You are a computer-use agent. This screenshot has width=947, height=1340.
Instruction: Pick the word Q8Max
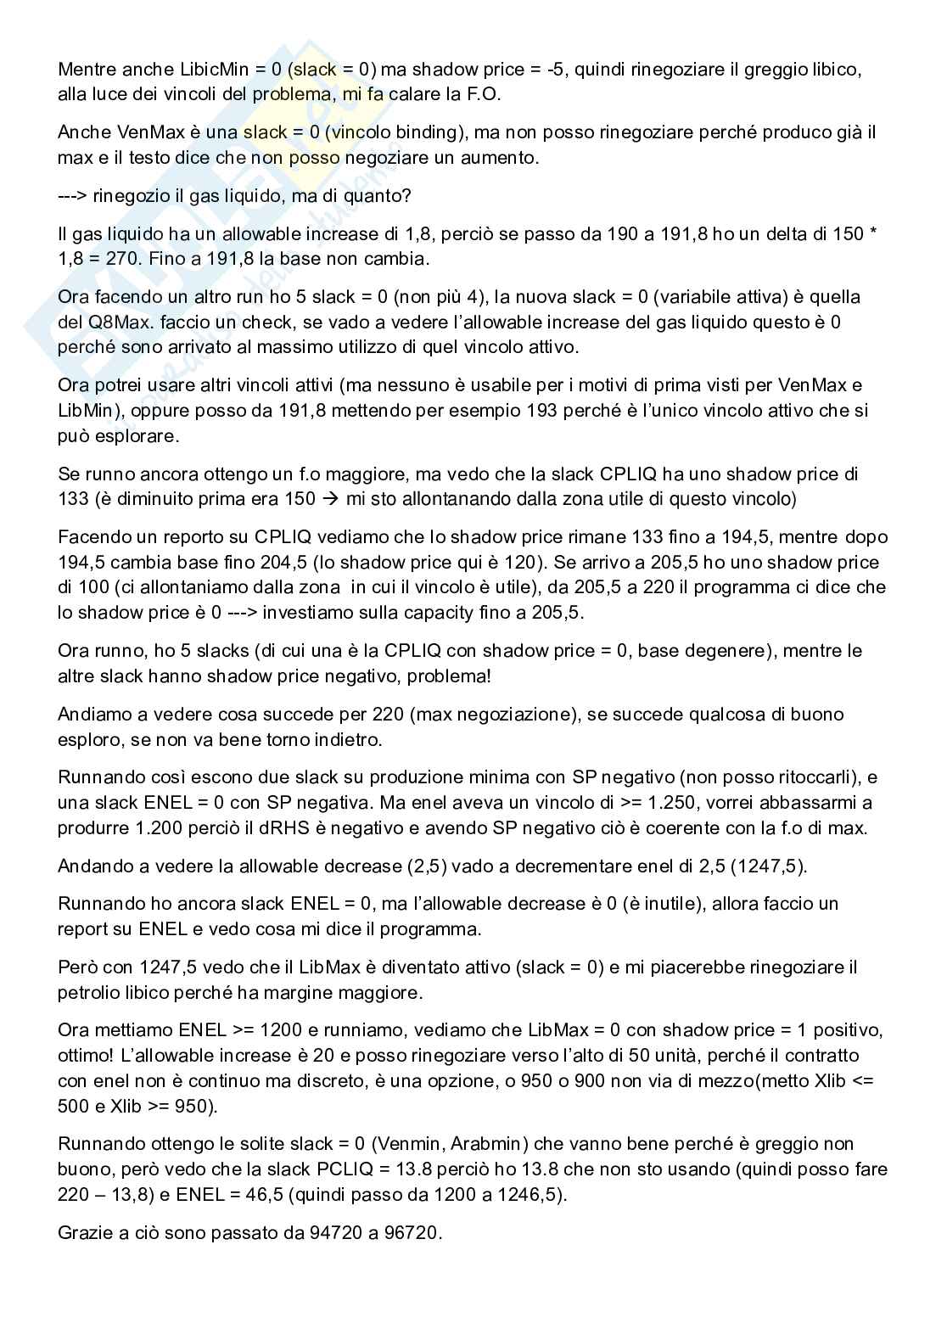(x=113, y=322)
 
